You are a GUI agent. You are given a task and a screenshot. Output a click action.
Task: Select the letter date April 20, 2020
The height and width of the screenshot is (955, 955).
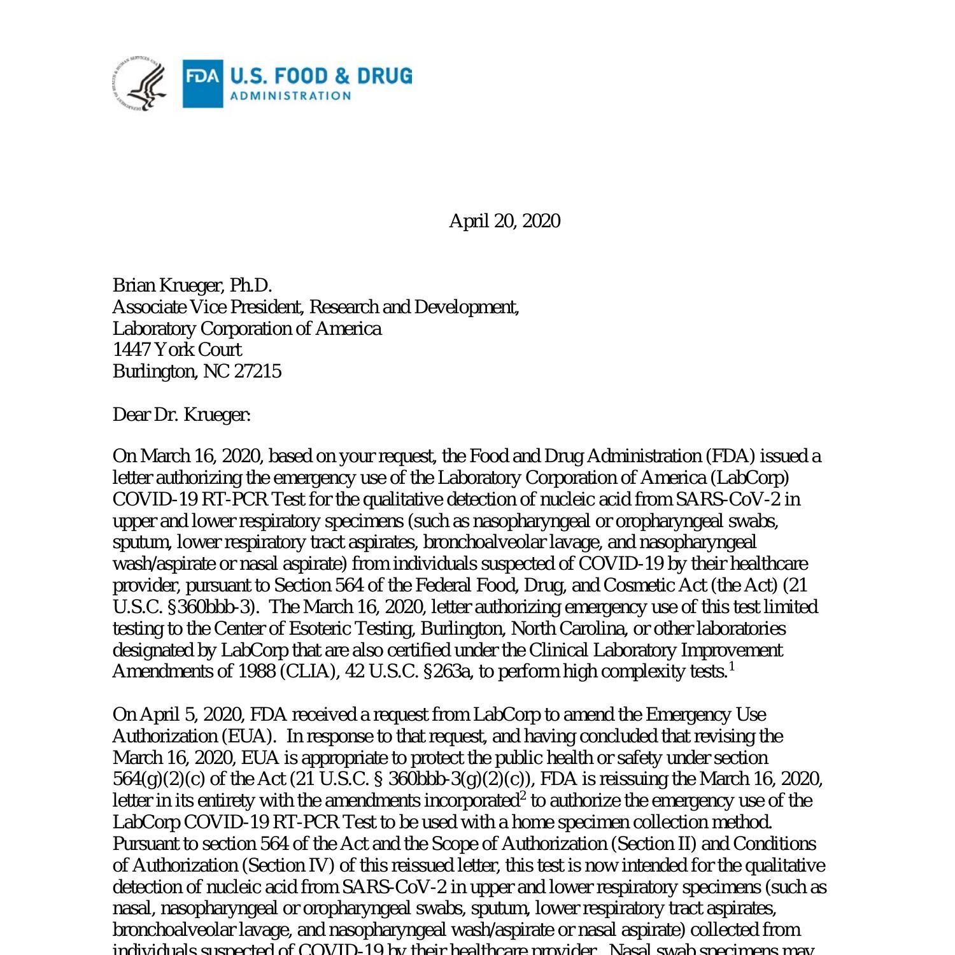504,221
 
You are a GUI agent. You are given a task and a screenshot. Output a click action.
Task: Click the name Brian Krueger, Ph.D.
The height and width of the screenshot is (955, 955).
192,285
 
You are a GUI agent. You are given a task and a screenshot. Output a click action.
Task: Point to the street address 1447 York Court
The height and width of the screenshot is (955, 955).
177,350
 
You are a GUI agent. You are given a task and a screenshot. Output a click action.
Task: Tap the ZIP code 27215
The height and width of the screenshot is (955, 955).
258,371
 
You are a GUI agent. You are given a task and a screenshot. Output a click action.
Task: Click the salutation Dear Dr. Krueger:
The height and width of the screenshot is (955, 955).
181,415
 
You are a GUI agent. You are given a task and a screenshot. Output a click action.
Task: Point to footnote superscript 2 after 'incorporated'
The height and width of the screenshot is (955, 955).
523,796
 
